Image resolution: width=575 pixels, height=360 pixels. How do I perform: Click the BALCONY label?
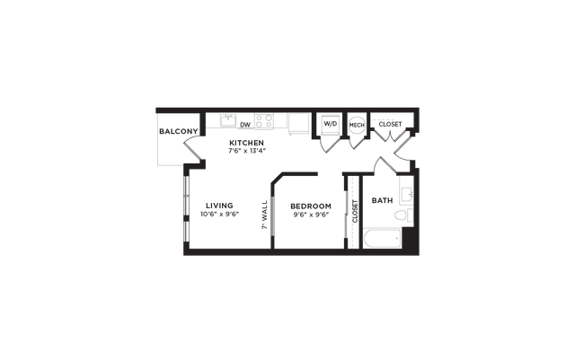point(178,131)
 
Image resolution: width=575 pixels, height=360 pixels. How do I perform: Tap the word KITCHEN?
point(246,143)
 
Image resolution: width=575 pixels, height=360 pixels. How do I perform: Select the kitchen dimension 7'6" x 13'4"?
point(246,150)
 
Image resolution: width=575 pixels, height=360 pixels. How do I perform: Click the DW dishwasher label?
point(245,125)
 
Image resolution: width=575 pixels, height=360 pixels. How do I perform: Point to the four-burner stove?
point(264,121)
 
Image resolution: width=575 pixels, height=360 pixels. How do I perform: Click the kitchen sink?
point(228,120)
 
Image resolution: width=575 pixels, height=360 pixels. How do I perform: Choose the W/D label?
point(331,124)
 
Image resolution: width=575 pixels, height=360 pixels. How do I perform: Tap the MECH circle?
point(357,125)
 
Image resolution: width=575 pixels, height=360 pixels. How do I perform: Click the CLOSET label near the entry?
point(390,124)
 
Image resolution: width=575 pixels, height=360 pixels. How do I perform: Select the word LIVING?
point(219,206)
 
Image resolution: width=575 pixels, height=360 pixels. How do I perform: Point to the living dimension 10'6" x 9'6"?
point(219,214)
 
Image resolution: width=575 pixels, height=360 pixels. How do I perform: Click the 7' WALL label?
point(265,215)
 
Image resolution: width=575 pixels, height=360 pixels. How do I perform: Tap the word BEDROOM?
point(311,206)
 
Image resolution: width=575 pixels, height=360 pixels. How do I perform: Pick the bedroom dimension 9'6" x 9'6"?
point(311,215)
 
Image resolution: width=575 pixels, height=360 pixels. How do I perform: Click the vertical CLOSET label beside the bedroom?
point(355,212)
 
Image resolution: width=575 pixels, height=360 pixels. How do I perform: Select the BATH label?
point(382,200)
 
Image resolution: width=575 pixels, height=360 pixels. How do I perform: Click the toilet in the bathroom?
point(403,215)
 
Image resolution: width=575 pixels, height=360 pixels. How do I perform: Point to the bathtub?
point(383,238)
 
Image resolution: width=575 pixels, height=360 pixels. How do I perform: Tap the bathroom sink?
point(407,194)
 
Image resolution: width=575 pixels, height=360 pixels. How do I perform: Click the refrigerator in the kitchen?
point(299,124)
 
